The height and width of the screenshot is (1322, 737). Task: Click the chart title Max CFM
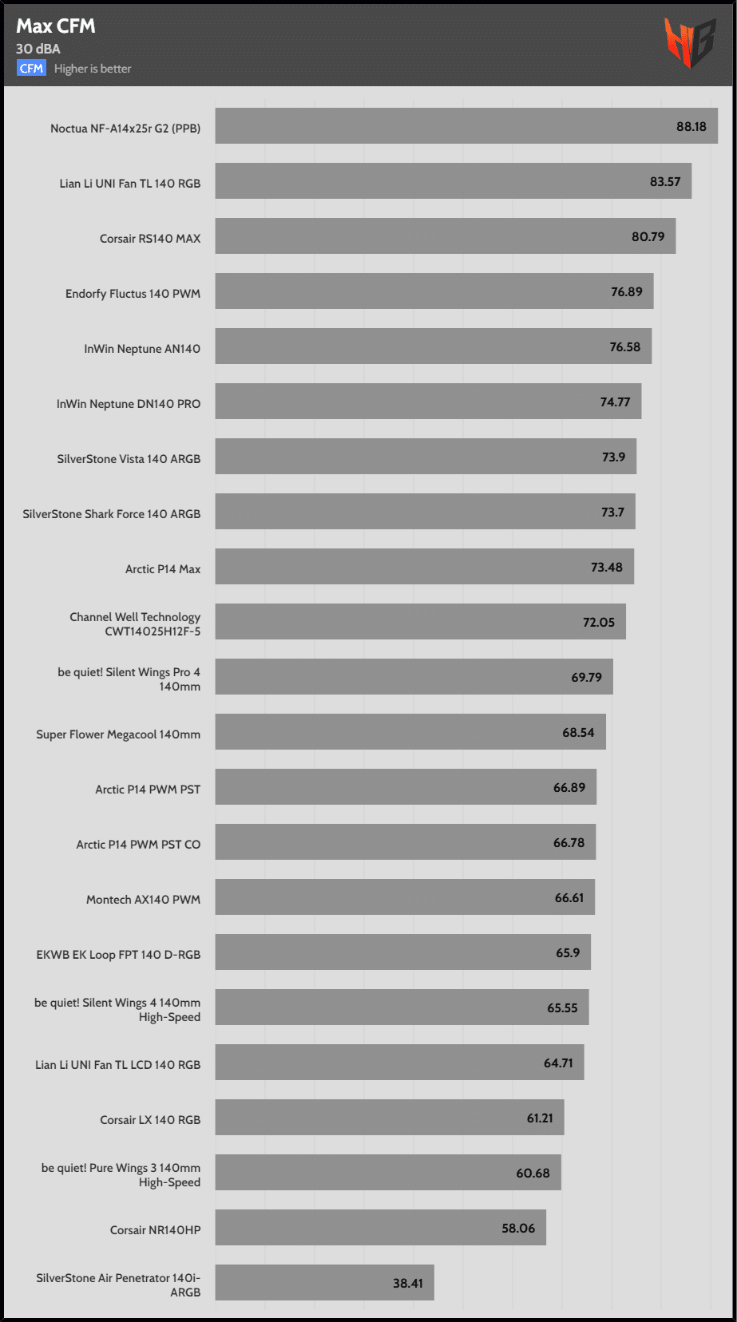[x=56, y=26]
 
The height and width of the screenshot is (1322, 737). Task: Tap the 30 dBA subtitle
[x=38, y=49]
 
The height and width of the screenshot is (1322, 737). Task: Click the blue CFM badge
[x=31, y=69]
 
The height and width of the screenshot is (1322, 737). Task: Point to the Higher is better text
[x=93, y=69]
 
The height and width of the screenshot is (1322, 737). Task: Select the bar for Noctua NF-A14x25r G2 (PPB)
[x=466, y=126]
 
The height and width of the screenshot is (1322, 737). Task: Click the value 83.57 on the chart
[x=665, y=182]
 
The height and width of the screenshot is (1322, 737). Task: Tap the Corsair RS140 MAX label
[x=150, y=239]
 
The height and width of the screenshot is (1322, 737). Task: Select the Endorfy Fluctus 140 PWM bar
[x=434, y=291]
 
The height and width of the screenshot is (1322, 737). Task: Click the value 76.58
[x=625, y=347]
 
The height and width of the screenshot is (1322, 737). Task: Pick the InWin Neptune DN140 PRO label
[x=129, y=404]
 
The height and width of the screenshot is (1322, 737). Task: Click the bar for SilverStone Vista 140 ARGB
[x=426, y=457]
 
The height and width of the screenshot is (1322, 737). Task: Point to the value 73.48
[x=607, y=568]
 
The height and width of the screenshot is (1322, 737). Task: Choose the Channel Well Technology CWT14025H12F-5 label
[x=135, y=624]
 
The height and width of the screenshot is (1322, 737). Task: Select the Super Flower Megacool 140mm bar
[x=410, y=732]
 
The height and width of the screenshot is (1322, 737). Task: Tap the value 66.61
[x=569, y=898]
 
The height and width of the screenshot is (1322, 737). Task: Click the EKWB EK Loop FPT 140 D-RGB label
[x=118, y=955]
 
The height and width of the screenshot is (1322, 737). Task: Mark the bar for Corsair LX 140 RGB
[x=390, y=1118]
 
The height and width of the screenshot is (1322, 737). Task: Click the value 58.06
[x=518, y=1229]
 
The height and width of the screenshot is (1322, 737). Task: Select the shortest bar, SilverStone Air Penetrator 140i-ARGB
[x=324, y=1282]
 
